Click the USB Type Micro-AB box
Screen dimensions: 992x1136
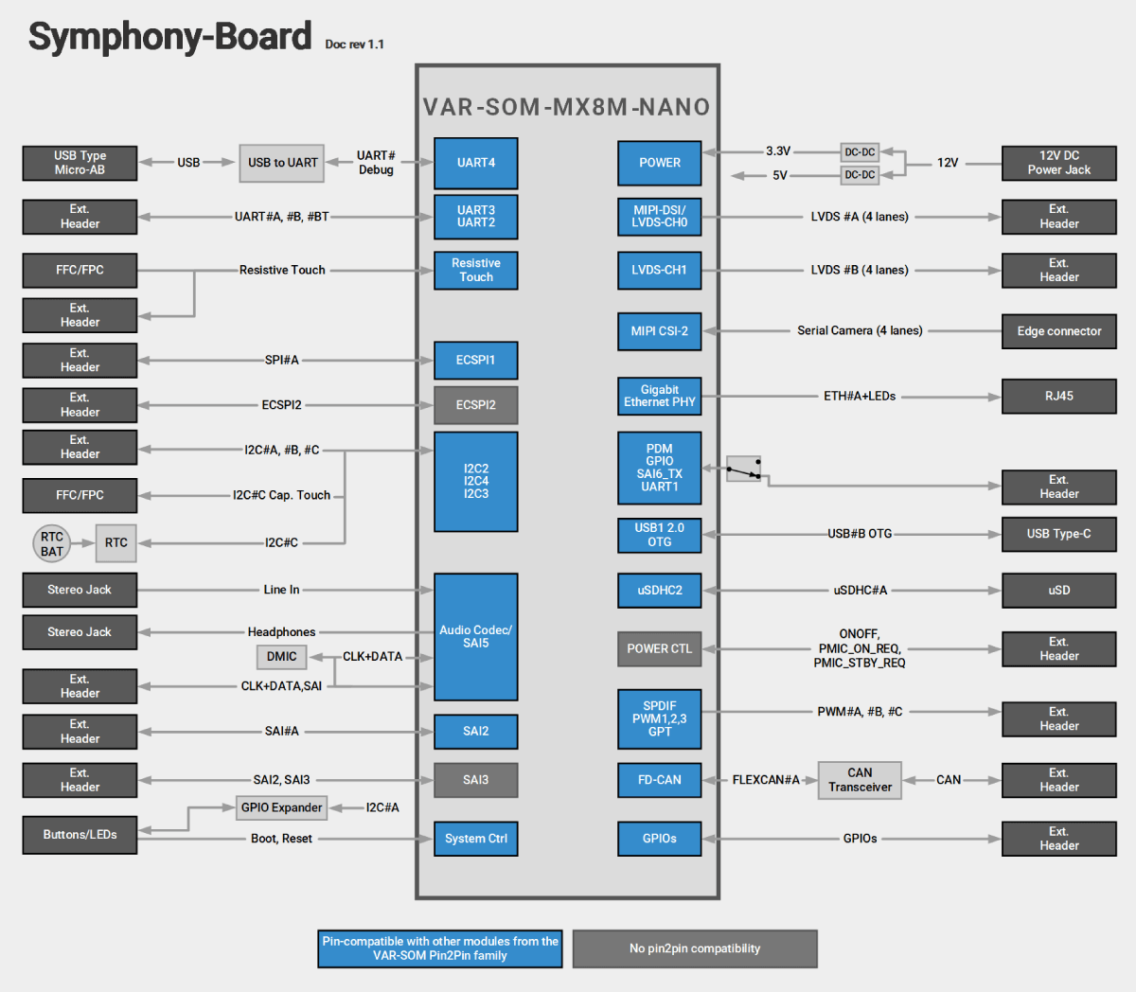tap(80, 163)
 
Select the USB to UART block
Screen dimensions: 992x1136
tap(282, 163)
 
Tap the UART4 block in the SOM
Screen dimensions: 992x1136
tap(475, 163)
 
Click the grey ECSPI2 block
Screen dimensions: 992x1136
tap(475, 405)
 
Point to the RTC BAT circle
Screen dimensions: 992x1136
tap(52, 543)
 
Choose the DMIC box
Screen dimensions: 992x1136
tap(281, 657)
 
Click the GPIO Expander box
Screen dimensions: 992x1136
tap(281, 807)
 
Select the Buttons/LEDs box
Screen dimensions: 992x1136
tap(80, 835)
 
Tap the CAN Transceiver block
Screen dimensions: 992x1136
tap(860, 780)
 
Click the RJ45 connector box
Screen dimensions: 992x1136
tap(1058, 397)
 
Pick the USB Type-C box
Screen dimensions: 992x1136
tap(1058, 534)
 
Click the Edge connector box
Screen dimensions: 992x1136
tap(1058, 331)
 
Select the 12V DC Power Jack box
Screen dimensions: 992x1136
tap(1058, 163)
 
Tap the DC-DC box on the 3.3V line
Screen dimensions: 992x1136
tap(860, 151)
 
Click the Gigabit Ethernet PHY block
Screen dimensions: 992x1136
tap(659, 397)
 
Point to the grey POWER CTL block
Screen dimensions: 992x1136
tap(659, 649)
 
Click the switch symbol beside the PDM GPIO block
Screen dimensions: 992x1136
tap(744, 469)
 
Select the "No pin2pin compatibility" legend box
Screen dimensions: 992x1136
tap(695, 948)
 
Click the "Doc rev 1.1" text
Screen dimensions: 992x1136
tap(354, 44)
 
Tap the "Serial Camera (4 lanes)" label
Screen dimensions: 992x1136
tap(860, 331)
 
